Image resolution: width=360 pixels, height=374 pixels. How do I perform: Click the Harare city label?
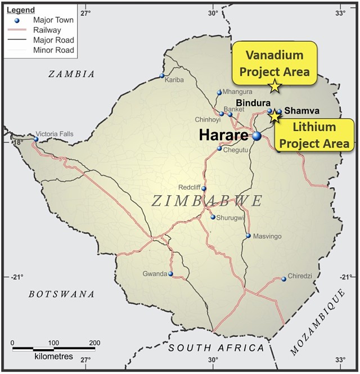[222, 136]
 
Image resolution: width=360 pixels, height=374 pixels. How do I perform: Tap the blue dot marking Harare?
[256, 136]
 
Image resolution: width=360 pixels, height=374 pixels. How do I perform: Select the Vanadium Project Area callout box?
[274, 63]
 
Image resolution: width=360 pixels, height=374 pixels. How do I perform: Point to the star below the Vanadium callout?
[274, 86]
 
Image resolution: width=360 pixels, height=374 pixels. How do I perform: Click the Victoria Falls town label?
[54, 134]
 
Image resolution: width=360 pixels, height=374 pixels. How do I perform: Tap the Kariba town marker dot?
[162, 76]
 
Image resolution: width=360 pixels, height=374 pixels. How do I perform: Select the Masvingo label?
[267, 236]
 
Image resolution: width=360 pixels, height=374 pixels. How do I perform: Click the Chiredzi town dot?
[284, 279]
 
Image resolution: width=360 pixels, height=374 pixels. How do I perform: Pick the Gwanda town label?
[155, 274]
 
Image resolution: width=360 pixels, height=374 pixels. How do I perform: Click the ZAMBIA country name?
[71, 74]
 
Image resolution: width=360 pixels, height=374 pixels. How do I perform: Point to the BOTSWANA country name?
[62, 294]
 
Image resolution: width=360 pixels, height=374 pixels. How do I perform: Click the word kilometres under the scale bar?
[54, 357]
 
